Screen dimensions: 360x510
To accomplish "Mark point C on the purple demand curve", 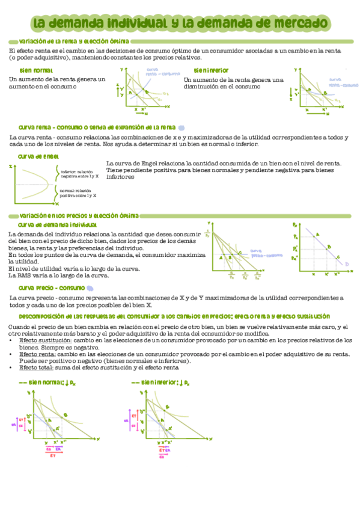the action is [x=338, y=257].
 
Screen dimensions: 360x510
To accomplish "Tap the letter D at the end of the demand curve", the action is [x=347, y=263].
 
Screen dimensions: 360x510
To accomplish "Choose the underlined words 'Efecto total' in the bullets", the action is [x=37, y=367].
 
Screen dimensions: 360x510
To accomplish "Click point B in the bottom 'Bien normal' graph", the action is [x=65, y=414].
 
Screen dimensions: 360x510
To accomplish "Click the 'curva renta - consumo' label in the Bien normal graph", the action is [x=155, y=72].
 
